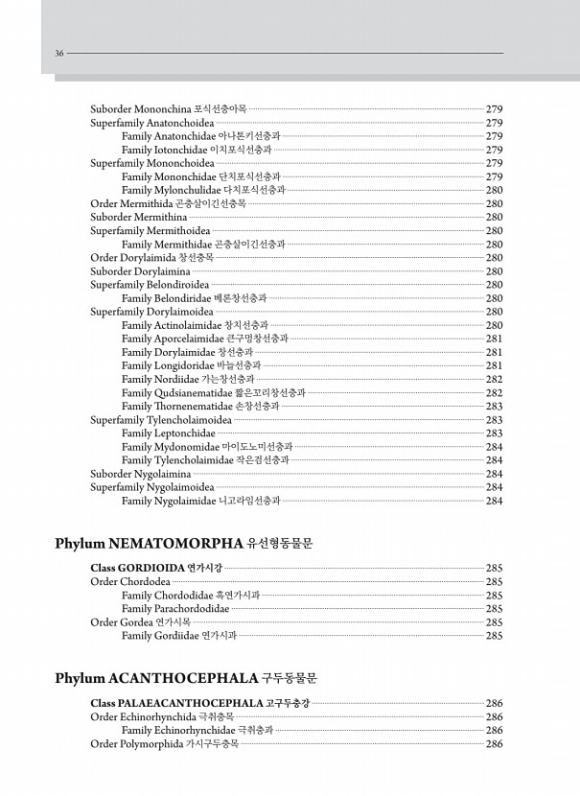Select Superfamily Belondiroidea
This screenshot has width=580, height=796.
click(x=150, y=285)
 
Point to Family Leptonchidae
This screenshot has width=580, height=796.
click(x=169, y=433)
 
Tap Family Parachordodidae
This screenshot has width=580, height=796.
click(x=175, y=608)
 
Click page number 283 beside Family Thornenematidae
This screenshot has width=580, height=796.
click(x=495, y=407)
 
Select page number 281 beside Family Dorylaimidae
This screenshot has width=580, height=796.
click(x=495, y=352)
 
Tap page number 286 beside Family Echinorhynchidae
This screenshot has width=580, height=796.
click(x=495, y=730)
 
